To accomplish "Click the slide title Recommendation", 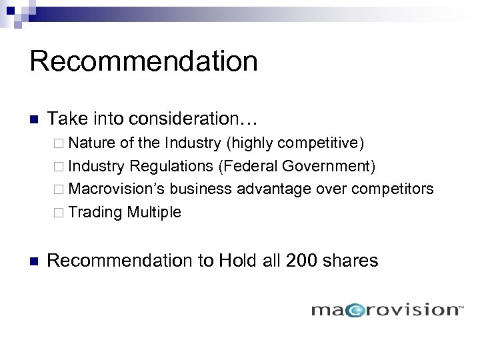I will tap(143, 61).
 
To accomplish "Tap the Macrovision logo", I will tap(387, 309).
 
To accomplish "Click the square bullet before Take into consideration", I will tap(35, 120).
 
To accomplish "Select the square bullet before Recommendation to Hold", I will tap(35, 261).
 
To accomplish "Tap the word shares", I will tap(351, 260).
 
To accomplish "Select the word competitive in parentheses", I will tap(320, 143).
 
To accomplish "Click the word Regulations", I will tap(171, 166).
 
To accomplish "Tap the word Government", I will tap(327, 166).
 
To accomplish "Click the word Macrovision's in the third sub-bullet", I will tap(116, 189).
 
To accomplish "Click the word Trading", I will tap(95, 213).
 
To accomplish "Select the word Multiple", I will tap(154, 213).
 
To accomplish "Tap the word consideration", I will tap(190, 119).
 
